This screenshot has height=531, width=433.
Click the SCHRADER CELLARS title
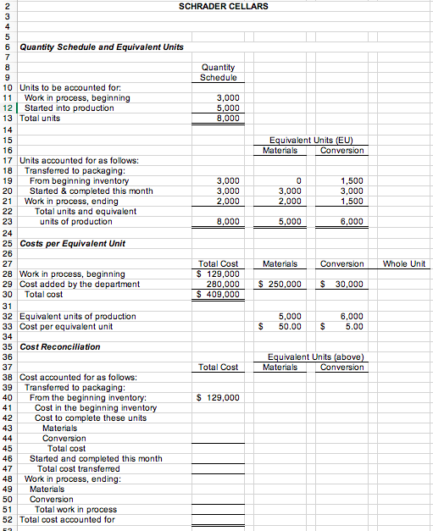pyautogui.click(x=224, y=7)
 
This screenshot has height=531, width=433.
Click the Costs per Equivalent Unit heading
pyautogui.click(x=72, y=243)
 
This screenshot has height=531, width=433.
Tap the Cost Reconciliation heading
pyautogui.click(x=59, y=346)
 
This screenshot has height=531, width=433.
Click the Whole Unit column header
pyautogui.click(x=404, y=264)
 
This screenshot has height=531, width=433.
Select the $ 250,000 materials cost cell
pyautogui.click(x=279, y=285)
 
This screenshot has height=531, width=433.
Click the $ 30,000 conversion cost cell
pyautogui.click(x=341, y=285)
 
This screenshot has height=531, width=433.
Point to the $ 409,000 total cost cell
pyautogui.click(x=218, y=295)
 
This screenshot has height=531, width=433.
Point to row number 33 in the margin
pyautogui.click(x=7, y=326)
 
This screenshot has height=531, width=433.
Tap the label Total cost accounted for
pyautogui.click(x=67, y=519)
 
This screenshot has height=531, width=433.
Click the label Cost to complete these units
pyautogui.click(x=91, y=418)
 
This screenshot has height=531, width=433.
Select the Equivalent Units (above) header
pyautogui.click(x=315, y=357)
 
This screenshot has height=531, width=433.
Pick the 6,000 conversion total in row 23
pyautogui.click(x=352, y=222)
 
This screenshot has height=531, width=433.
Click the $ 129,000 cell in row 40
pyautogui.click(x=218, y=397)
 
